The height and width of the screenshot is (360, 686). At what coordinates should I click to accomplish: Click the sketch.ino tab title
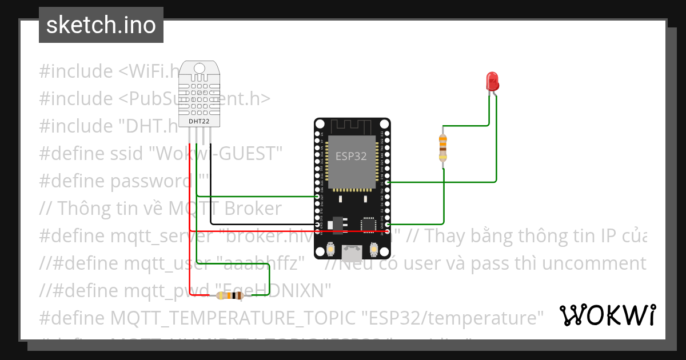click(101, 25)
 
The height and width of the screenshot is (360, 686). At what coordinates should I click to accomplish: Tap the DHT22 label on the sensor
click(198, 122)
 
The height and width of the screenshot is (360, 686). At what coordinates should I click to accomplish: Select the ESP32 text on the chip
click(351, 156)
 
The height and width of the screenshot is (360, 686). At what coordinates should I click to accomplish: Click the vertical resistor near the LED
click(442, 148)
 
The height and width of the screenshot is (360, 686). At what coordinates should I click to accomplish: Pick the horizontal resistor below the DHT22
click(230, 295)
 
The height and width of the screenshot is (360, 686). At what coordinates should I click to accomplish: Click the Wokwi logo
click(607, 315)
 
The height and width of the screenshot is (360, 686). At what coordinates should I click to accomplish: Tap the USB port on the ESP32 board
click(352, 251)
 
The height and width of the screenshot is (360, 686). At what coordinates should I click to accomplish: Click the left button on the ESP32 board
click(330, 250)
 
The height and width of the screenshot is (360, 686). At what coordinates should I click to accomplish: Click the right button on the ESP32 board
click(374, 250)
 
